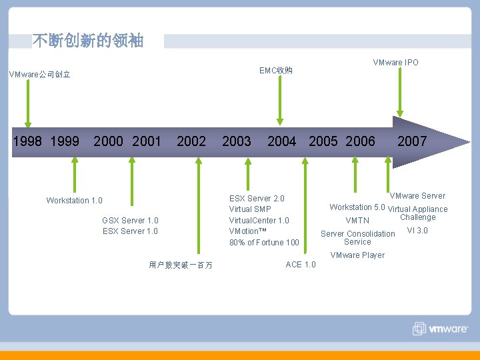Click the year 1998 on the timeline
[x=27, y=141]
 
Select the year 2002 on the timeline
[x=191, y=141]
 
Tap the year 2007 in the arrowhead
[x=412, y=141]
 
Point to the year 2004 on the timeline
[x=281, y=141]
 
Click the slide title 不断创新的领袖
[x=87, y=41]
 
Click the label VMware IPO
[x=396, y=63]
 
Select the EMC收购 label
[x=276, y=71]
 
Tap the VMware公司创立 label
[x=40, y=75]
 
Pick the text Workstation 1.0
[x=75, y=201]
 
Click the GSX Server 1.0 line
[x=130, y=221]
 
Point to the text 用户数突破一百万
[x=181, y=265]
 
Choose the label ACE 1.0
[x=301, y=265]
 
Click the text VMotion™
[x=247, y=231]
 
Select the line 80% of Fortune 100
[x=264, y=243]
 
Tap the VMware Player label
[x=357, y=255]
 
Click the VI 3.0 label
[x=417, y=231]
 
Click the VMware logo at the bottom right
[x=441, y=329]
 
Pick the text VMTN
[x=357, y=221]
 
